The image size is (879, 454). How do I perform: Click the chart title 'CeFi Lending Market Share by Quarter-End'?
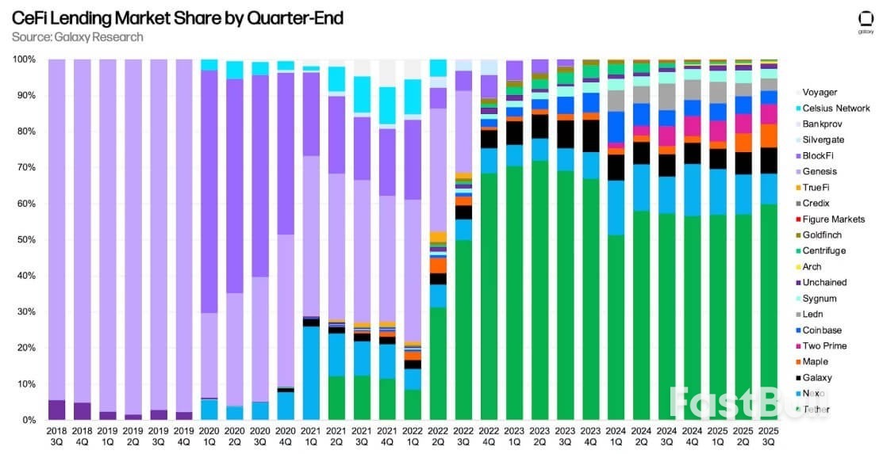pos(178,18)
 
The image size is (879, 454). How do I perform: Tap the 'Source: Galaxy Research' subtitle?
pos(78,37)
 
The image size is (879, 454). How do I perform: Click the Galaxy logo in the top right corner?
pos(866,21)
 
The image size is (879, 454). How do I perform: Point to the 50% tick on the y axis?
pos(24,240)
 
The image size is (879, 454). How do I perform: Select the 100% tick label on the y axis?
pos(22,59)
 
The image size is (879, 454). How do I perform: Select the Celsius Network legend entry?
pos(835,109)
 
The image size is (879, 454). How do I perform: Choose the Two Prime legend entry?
pos(824,346)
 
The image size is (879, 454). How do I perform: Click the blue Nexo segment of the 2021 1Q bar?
pos(311,372)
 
